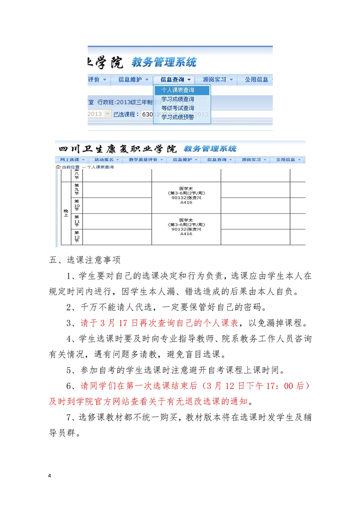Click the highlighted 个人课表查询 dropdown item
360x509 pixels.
coord(178,90)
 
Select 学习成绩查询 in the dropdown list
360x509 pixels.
coord(178,99)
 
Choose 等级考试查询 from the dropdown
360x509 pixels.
coord(178,108)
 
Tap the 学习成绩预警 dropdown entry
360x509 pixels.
coord(178,117)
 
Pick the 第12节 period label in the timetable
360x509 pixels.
coord(76,236)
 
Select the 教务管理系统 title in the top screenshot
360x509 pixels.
coord(164,61)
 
